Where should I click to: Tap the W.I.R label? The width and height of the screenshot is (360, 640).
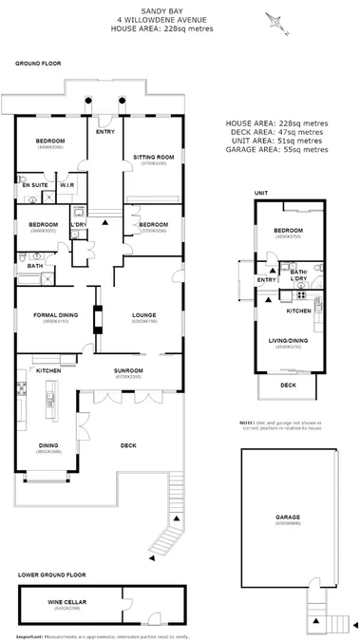(x=67, y=185)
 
